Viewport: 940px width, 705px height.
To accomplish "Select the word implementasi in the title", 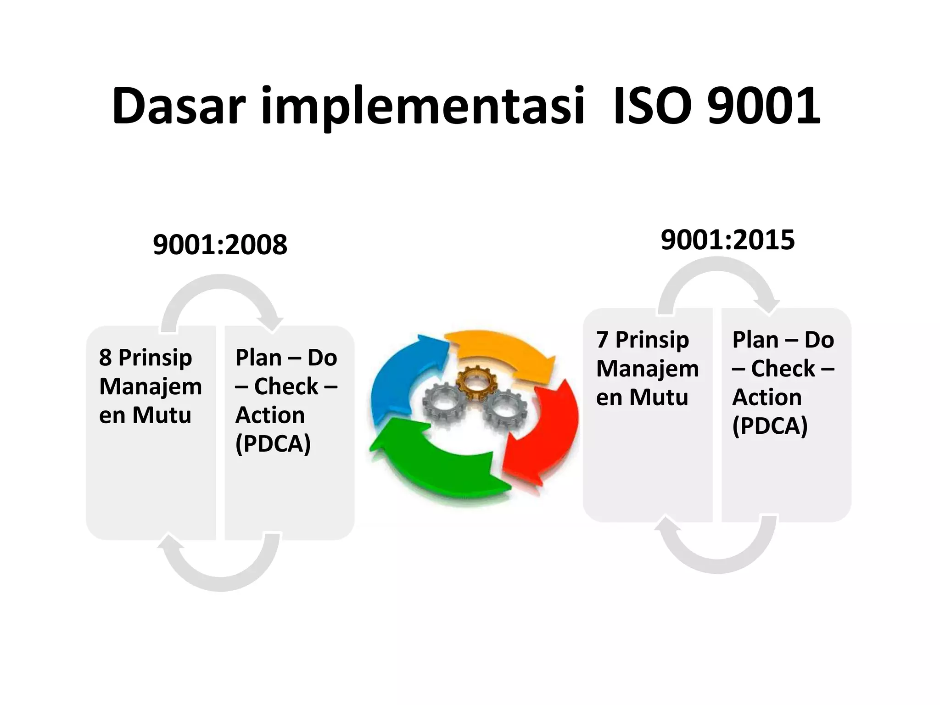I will click(423, 106).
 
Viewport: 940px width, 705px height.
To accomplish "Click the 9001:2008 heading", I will click(220, 245).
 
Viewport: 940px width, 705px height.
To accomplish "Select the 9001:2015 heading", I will click(727, 240).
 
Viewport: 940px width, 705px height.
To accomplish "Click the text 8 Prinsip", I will click(145, 357).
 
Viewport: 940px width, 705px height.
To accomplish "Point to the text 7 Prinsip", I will click(642, 340).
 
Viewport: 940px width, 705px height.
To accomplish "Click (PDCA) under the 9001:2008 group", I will click(273, 443).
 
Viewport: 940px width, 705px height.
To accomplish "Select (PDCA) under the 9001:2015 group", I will click(770, 425).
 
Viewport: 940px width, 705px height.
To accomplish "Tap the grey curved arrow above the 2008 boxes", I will click(220, 294).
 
